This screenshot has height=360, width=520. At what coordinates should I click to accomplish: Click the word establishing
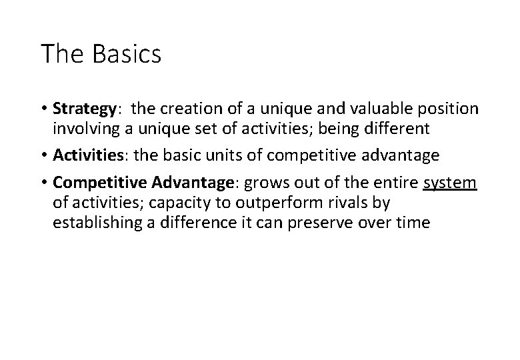96,223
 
